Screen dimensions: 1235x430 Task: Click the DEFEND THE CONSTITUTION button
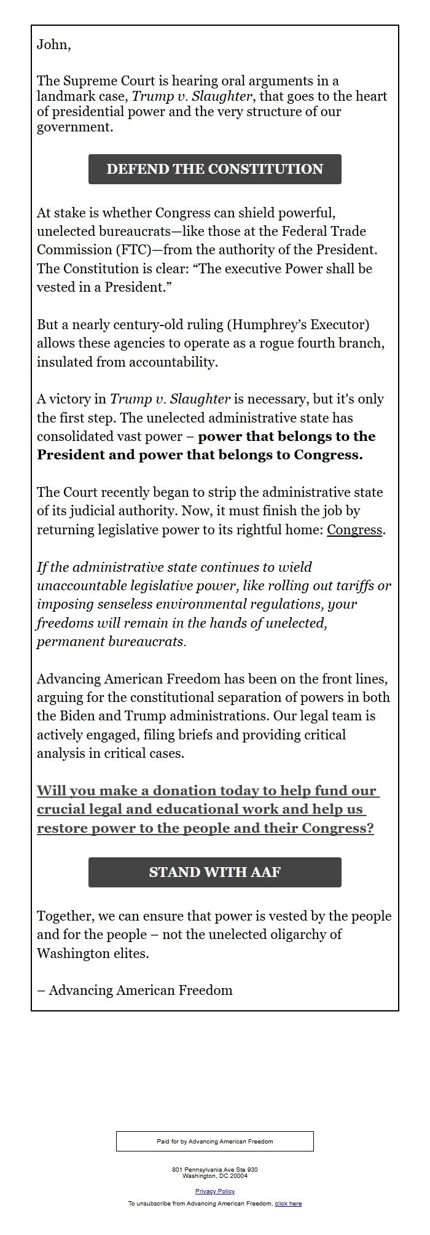[x=214, y=169]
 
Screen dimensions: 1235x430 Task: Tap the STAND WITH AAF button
[x=214, y=872]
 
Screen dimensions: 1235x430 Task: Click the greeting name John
[x=53, y=44]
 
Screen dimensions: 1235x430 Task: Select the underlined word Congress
[x=354, y=529]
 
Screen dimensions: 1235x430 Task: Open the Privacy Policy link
[x=215, y=1191]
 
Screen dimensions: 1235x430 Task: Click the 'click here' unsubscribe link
[x=288, y=1203]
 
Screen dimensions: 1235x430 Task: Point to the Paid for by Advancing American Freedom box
[x=214, y=1141]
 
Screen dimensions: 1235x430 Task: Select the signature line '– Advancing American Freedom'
[x=135, y=990]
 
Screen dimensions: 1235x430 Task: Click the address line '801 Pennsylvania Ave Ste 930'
[x=214, y=1169]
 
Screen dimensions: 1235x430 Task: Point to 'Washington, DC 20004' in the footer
[x=214, y=1176]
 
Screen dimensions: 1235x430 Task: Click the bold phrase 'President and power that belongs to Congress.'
[x=200, y=455]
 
